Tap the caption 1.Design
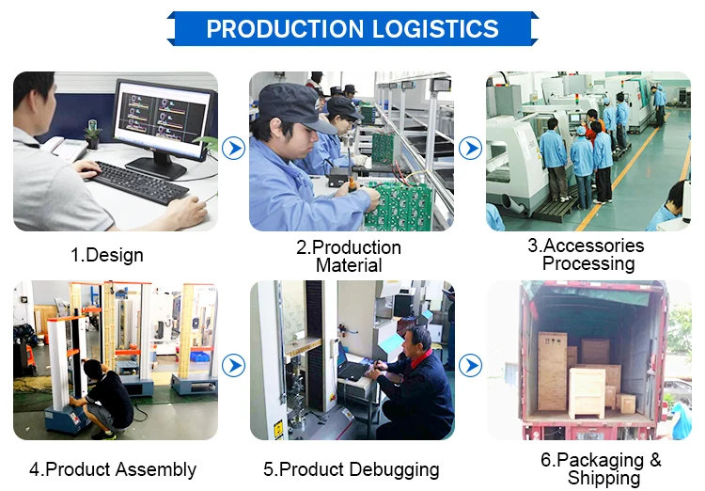[x=107, y=255]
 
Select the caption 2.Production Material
[x=349, y=257]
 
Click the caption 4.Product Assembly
[x=113, y=469]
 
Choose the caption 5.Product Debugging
[x=351, y=469]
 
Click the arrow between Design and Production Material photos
[x=234, y=148]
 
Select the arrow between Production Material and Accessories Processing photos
[x=470, y=148]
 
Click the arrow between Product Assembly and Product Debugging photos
[x=234, y=365]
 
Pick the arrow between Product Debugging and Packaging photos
[x=470, y=365]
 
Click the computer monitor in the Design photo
[x=161, y=120]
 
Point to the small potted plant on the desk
[x=92, y=135]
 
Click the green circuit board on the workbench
[x=399, y=209]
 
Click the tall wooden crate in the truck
[x=552, y=371]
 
